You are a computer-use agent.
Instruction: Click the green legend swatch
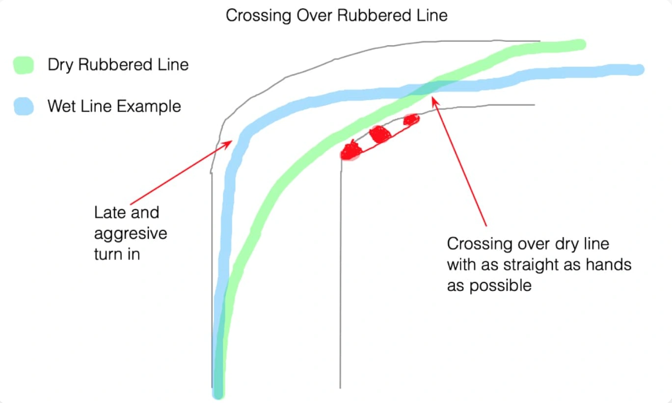pos(23,65)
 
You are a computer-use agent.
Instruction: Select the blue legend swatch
pos(23,106)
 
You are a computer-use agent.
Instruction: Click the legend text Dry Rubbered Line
pos(118,65)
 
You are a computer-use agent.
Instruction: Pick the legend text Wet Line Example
pos(114,106)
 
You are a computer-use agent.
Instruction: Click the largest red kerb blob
pos(351,151)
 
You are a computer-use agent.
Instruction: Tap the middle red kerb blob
pos(380,134)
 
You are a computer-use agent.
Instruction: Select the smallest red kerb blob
pos(411,119)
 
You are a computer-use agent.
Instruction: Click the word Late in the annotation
pos(108,213)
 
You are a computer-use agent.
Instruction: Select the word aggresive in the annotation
pos(131,233)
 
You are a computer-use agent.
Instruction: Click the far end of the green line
pos(580,44)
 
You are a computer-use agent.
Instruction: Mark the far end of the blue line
pos(638,70)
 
